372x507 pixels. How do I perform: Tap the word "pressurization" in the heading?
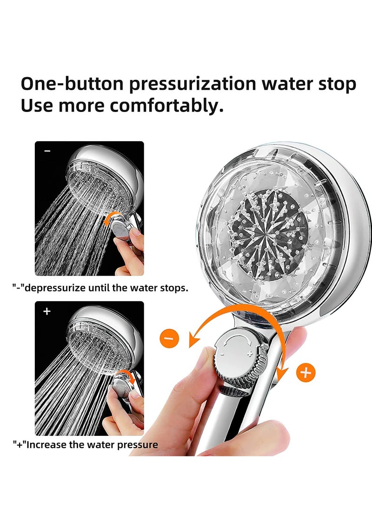pyautogui.click(x=192, y=84)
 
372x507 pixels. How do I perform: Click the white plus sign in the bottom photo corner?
pyautogui.click(x=46, y=311)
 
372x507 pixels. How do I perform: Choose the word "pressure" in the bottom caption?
pyautogui.click(x=139, y=445)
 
